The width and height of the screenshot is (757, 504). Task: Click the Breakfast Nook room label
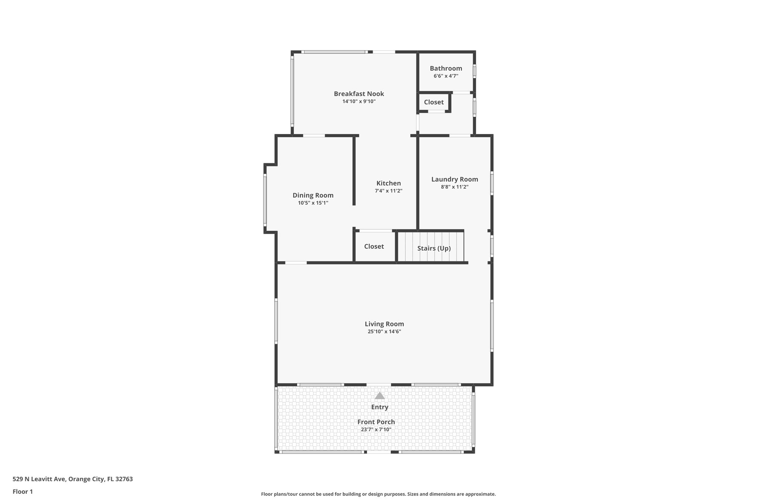click(x=359, y=94)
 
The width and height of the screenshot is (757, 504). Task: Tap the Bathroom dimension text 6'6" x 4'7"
click(x=446, y=76)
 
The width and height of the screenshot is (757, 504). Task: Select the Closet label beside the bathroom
click(x=434, y=102)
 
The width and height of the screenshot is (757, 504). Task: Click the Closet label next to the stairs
click(x=374, y=247)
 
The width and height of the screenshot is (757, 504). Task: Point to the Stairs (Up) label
click(x=434, y=248)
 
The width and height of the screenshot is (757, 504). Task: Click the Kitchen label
click(x=388, y=183)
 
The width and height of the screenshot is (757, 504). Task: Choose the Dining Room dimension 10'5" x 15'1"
click(x=313, y=203)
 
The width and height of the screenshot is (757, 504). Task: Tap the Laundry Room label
click(x=454, y=179)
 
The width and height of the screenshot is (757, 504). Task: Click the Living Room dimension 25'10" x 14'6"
click(x=384, y=332)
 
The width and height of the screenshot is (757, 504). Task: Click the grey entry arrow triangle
click(x=379, y=396)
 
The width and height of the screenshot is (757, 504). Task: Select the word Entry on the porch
click(x=379, y=407)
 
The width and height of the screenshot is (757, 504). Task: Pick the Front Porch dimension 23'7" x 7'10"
click(x=376, y=430)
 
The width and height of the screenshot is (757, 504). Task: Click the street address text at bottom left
click(x=72, y=479)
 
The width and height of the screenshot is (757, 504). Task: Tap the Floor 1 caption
click(x=23, y=492)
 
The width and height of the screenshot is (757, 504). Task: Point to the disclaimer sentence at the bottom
click(x=378, y=494)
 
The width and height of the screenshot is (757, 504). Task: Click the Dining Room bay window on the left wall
click(x=265, y=200)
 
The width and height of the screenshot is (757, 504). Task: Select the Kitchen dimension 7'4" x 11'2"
click(x=388, y=191)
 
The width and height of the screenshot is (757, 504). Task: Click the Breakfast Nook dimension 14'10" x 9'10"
click(x=359, y=102)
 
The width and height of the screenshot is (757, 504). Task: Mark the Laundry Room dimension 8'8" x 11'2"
click(x=454, y=187)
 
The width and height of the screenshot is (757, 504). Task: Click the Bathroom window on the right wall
click(x=475, y=71)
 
